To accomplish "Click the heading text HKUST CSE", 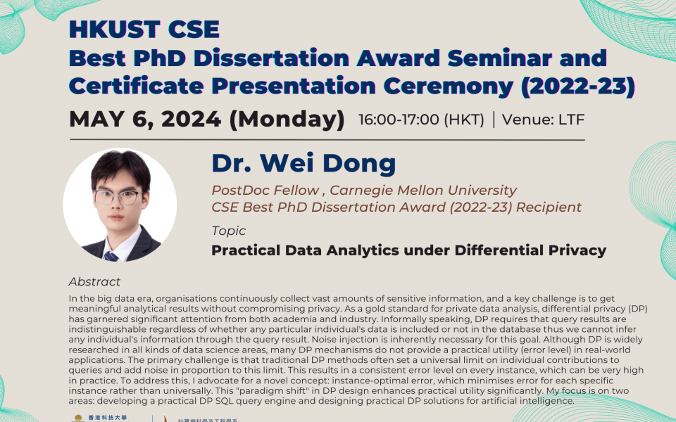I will tap(144, 30).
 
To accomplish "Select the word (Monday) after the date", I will tap(287, 120).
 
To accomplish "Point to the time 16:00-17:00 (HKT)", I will tap(421, 120).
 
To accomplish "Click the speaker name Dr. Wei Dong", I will tap(303, 164).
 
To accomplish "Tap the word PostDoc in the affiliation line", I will tap(238, 191).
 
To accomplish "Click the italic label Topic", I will tap(229, 231).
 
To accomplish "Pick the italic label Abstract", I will tap(94, 281).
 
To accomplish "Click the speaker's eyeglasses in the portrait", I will tap(118, 197).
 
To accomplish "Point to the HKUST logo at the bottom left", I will tap(88, 418).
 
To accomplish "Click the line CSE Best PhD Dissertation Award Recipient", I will tap(396, 207).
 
